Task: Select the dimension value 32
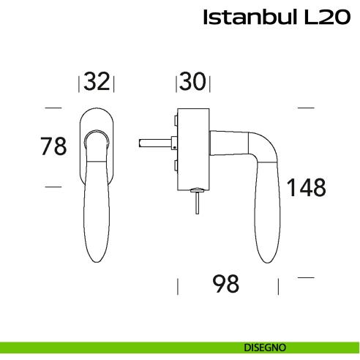[x=97, y=82]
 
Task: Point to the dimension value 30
[x=191, y=82]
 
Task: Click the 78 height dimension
[x=53, y=146]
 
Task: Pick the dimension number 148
[x=305, y=188]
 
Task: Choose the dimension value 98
[x=226, y=283]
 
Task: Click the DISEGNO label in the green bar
[x=265, y=346]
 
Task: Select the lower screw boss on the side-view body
[x=176, y=165]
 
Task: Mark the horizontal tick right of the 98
[x=305, y=277]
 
